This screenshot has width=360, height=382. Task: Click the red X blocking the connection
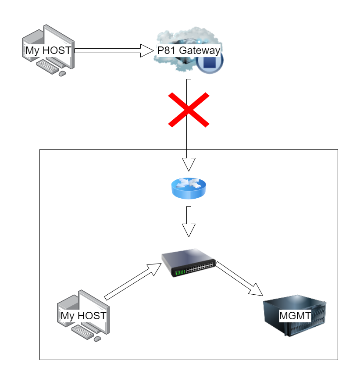point(189,110)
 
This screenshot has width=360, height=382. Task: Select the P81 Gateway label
point(189,50)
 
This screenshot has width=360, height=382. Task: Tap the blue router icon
point(189,188)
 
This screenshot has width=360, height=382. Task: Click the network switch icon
point(188,263)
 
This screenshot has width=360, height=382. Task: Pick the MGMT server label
point(296,316)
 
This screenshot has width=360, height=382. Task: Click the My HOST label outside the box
point(48,50)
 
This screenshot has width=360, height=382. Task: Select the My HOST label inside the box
point(83,316)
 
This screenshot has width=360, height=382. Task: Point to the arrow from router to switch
point(189,221)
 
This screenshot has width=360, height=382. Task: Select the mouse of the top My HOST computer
point(62,73)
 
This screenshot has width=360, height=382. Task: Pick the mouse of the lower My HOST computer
point(97,338)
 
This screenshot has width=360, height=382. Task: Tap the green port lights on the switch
point(180,273)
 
